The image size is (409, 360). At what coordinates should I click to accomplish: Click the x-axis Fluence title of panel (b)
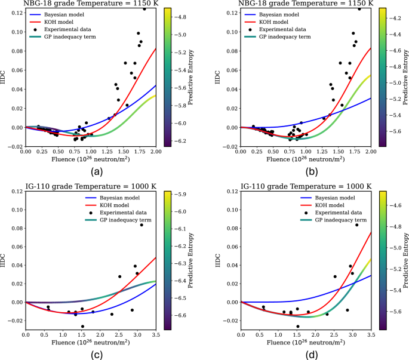(305, 161)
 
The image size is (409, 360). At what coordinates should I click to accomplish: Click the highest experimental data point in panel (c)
(142, 225)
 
